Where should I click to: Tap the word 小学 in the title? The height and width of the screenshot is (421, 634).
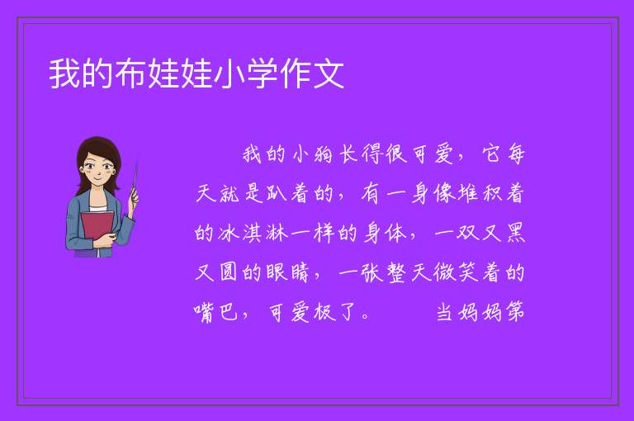tap(246, 73)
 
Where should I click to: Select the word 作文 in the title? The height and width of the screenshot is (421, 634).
tap(312, 73)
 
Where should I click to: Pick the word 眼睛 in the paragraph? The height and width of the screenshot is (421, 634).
tap(287, 272)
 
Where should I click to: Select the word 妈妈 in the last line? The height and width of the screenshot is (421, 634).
tap(479, 312)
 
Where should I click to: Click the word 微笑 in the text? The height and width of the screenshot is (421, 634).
tap(456, 272)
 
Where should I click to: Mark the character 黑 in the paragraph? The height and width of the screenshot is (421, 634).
tap(515, 234)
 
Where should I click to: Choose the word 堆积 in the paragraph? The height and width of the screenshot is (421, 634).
tap(480, 194)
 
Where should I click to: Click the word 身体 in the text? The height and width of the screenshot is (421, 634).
tap(385, 234)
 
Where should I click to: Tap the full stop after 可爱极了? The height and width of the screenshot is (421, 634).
tap(366, 316)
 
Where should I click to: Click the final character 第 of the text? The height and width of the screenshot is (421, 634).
tap(515, 312)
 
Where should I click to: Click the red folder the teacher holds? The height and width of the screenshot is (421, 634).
tap(97, 229)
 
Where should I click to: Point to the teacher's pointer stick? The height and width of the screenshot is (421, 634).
tap(135, 178)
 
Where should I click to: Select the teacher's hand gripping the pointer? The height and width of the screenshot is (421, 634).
tap(133, 198)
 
